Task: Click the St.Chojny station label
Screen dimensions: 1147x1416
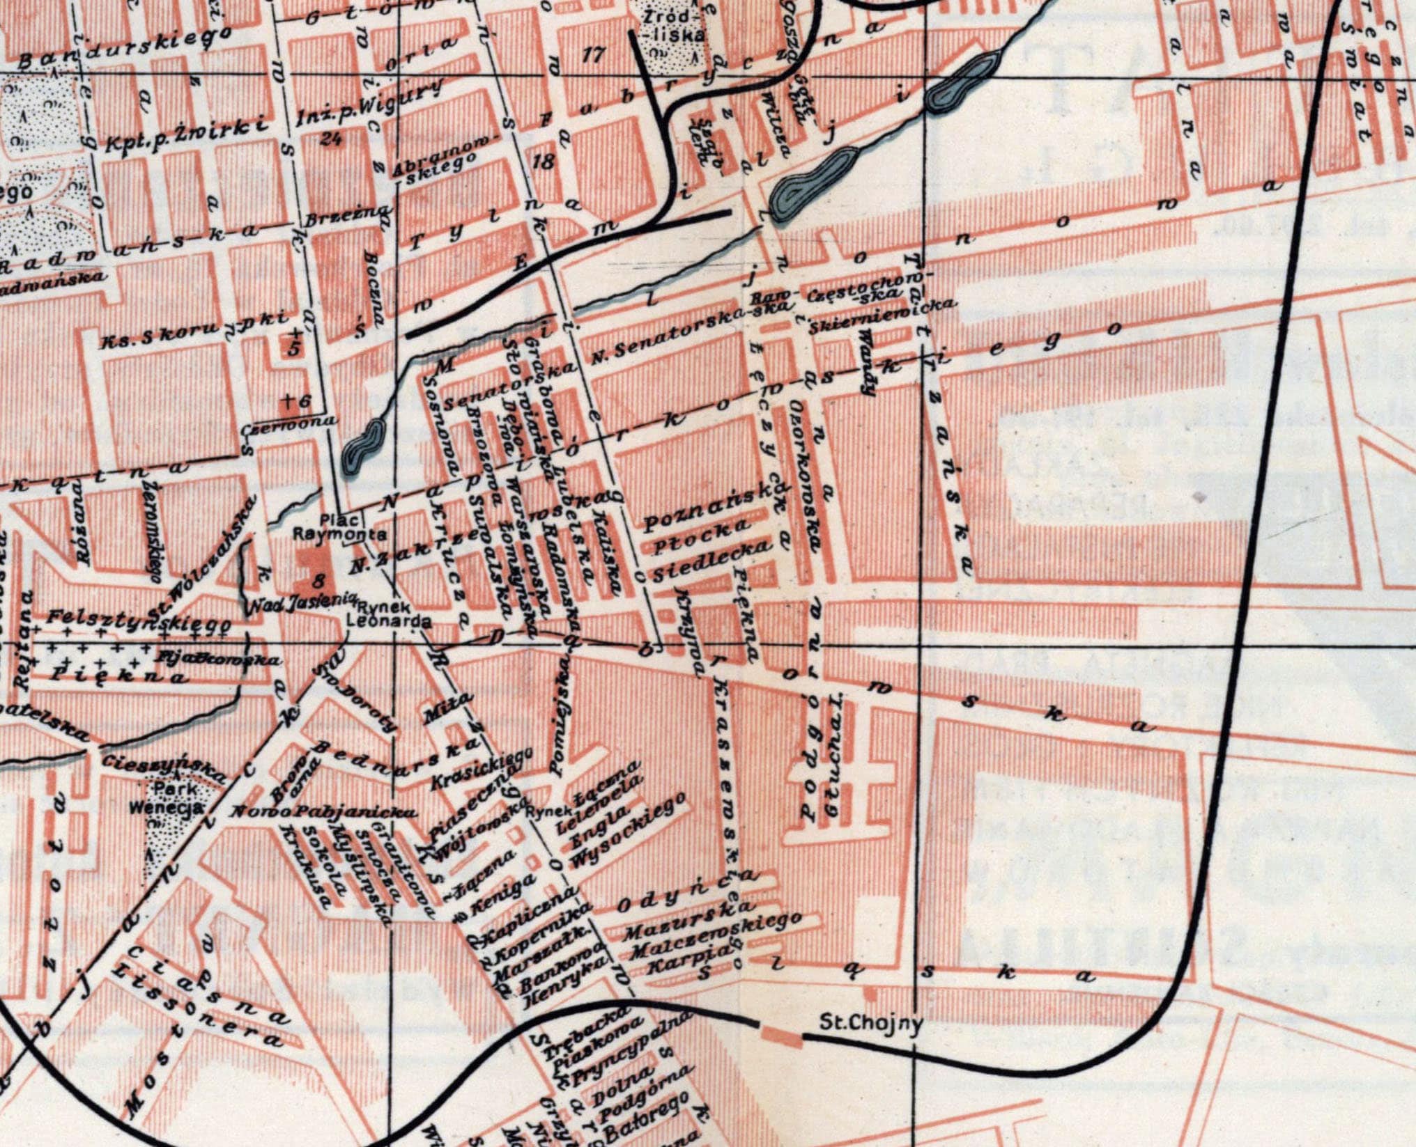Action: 871,1024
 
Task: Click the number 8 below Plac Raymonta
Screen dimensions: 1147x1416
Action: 319,579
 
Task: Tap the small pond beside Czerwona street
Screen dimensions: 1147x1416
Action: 362,448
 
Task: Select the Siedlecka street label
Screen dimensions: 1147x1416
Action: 711,561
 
